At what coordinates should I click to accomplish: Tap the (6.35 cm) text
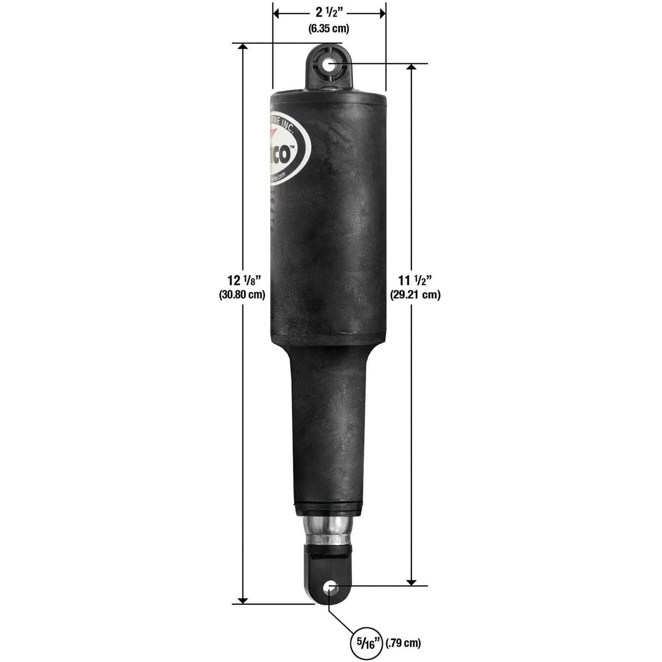click(x=328, y=29)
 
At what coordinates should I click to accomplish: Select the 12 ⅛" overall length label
click(x=242, y=280)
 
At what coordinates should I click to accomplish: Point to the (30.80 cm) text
click(x=242, y=295)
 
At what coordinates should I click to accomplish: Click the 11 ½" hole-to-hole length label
click(x=414, y=280)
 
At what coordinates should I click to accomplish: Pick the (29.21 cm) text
click(x=415, y=295)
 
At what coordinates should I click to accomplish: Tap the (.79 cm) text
click(x=403, y=643)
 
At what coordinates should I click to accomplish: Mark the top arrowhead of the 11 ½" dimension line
click(x=411, y=67)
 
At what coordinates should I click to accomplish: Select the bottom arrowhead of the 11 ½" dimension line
click(x=411, y=582)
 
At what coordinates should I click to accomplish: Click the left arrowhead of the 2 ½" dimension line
click(x=277, y=14)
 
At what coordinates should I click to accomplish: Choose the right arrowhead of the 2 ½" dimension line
click(x=382, y=14)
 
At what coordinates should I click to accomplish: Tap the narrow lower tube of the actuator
click(x=328, y=433)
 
